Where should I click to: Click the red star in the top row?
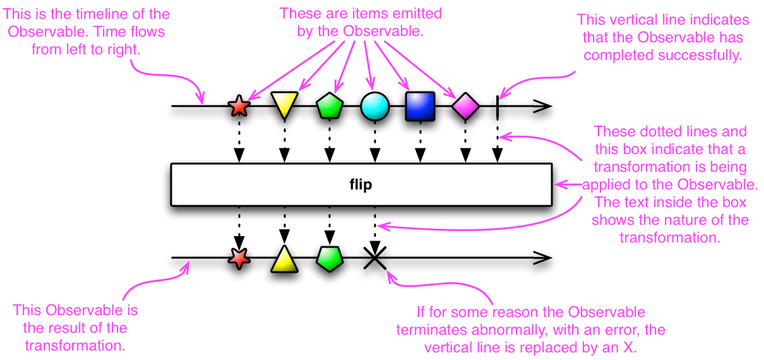click(239, 105)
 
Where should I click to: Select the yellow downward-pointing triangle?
click(284, 104)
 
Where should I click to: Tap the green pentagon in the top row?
click(330, 106)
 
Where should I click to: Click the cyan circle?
click(374, 106)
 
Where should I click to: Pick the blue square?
click(420, 106)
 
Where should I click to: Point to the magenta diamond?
click(465, 106)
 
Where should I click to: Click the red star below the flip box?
click(239, 258)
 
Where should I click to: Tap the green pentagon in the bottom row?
click(330, 258)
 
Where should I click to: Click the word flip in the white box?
click(361, 184)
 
